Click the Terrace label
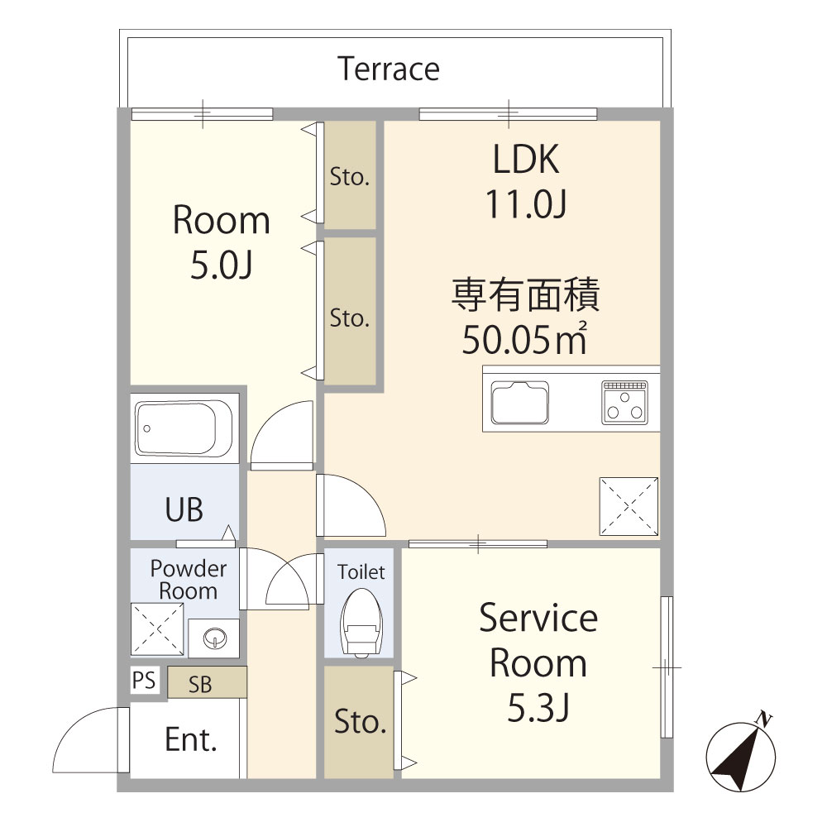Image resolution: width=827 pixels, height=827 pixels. (389, 69)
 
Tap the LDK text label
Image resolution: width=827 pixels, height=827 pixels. (526, 160)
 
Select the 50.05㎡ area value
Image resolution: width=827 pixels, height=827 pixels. (524, 339)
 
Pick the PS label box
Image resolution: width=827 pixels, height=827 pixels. (143, 681)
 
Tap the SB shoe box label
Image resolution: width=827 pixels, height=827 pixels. (199, 684)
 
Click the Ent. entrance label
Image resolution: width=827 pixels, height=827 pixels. (191, 739)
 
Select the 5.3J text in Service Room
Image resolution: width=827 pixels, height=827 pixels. (538, 709)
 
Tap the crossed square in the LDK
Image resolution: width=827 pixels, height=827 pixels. (629, 505)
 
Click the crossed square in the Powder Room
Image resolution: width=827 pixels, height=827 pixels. (157, 629)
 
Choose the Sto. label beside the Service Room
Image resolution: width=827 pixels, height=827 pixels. (360, 722)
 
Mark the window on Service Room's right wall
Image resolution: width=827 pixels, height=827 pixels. (667, 667)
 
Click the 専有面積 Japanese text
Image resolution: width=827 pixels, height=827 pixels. (525, 295)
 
